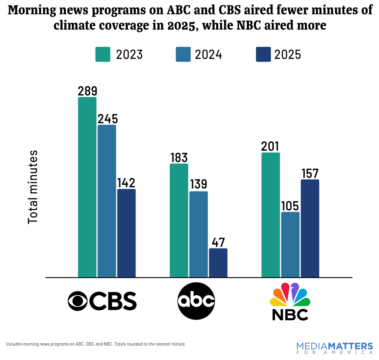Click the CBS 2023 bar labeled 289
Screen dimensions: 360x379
coord(87,187)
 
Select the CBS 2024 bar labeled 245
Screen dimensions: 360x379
coord(107,201)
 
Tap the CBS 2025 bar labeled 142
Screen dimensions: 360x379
coord(126,233)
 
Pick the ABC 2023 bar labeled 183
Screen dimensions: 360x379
coord(179,220)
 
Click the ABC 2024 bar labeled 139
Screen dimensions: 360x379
coord(198,234)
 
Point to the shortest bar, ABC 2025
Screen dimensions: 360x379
coord(218,263)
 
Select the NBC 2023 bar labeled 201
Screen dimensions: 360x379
coord(271,215)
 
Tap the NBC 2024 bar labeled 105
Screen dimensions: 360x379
coord(290,244)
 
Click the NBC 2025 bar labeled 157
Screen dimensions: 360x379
coord(310,228)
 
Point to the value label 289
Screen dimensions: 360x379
coord(87,91)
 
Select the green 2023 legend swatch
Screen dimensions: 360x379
coord(103,54)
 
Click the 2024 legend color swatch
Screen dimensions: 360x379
coord(183,54)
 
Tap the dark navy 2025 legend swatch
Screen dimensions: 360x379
coord(263,54)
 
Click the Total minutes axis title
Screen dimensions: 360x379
coord(33,187)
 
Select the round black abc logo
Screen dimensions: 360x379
coord(196,301)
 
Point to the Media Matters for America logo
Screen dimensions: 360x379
coord(334,349)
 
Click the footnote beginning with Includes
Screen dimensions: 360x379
coord(96,344)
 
